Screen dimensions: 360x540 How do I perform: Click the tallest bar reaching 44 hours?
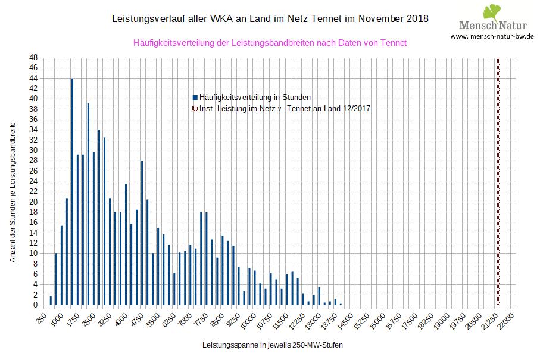(72, 191)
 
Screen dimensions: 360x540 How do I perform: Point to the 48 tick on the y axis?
(33, 57)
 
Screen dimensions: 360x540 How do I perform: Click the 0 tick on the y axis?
(36, 305)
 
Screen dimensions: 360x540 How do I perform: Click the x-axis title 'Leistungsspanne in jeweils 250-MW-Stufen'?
(272, 345)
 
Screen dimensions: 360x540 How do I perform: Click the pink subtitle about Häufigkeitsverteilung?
(270, 43)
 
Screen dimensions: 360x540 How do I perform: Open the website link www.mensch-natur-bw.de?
(492, 36)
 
